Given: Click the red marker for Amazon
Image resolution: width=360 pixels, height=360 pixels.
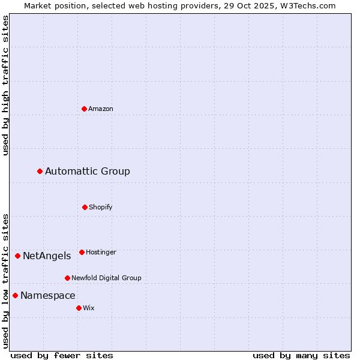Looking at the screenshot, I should (x=84, y=109).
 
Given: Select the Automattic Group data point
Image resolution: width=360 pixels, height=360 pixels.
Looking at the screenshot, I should (x=40, y=172).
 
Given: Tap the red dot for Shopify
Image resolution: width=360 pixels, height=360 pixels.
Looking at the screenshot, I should (x=85, y=207).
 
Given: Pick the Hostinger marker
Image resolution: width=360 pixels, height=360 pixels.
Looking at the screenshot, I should (x=82, y=252).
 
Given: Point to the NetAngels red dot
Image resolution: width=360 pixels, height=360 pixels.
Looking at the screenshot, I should (x=17, y=256).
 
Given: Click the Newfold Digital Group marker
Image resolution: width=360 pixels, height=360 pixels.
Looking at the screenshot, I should (x=67, y=278).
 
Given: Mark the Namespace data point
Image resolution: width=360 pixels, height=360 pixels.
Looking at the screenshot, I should (x=15, y=295).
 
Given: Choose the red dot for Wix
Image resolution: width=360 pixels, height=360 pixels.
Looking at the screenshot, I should (x=79, y=308).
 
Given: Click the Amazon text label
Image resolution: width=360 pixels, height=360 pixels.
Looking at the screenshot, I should (x=101, y=109).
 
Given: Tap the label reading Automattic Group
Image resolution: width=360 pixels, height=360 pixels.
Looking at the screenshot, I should (x=88, y=172).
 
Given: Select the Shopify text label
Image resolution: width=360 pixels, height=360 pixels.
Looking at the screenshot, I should (x=101, y=207).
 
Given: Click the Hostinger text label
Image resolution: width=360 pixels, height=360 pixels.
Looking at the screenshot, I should (x=101, y=252).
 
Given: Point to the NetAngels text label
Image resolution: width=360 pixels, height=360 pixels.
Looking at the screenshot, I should (x=47, y=256).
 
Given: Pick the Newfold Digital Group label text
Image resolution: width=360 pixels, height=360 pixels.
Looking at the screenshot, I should (x=106, y=278).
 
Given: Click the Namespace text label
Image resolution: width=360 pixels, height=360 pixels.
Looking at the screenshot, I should (x=48, y=296).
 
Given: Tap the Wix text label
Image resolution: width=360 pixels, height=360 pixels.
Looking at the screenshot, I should (x=89, y=308).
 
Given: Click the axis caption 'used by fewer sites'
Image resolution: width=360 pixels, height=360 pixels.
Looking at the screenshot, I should (x=62, y=355).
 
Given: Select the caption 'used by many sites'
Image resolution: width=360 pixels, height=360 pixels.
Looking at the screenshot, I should (x=301, y=355).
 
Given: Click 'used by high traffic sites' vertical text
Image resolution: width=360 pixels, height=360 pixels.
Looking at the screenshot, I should (x=5, y=85).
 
